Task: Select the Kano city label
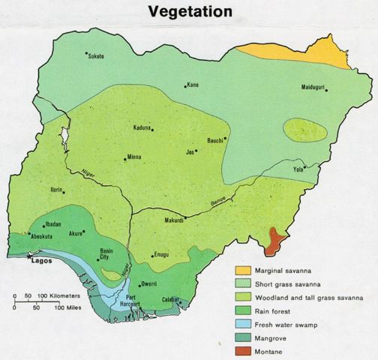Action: tap(193, 85)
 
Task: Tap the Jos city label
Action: tap(190, 151)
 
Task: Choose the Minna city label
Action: tap(134, 158)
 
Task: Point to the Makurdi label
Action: tap(173, 221)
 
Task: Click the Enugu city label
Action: tap(163, 256)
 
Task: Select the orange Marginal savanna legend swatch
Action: tap(242, 270)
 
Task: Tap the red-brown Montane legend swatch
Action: tap(242, 350)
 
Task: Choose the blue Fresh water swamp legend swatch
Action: tap(242, 323)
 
